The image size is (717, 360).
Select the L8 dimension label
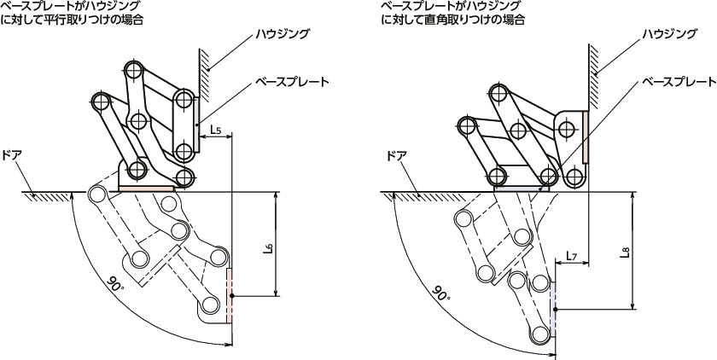626,253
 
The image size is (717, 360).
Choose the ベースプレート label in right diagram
679,82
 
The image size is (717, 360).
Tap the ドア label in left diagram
12,157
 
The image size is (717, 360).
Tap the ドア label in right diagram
396,156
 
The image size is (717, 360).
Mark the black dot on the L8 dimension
556,309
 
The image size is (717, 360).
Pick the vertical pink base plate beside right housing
587,136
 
